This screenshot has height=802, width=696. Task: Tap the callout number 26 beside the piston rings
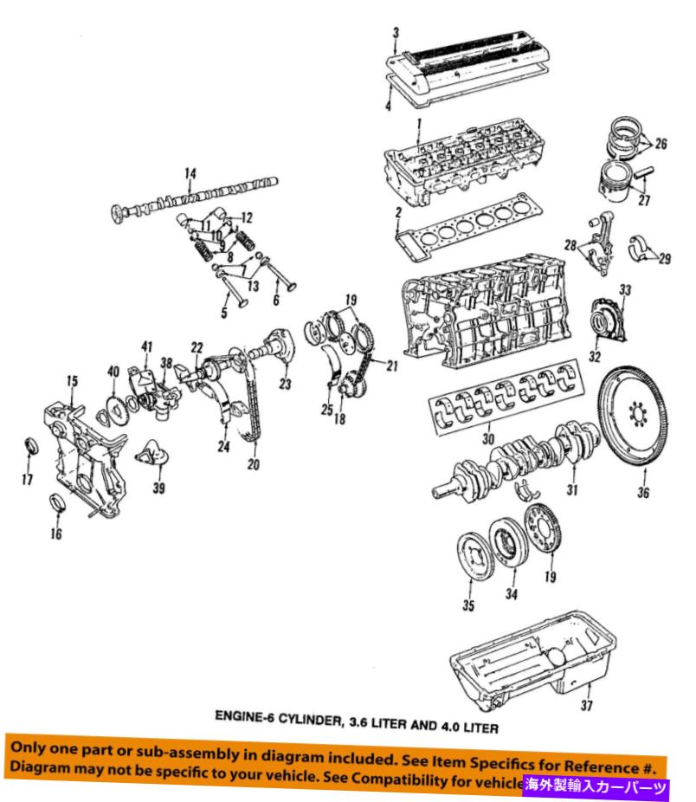coord(661,145)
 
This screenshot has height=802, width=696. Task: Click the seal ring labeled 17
coord(35,448)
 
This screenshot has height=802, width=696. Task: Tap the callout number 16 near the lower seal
coord(56,534)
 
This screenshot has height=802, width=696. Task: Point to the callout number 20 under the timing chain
coord(253,465)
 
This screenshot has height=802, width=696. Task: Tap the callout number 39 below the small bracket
coord(158,488)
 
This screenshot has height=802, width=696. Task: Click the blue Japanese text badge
coord(596,786)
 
